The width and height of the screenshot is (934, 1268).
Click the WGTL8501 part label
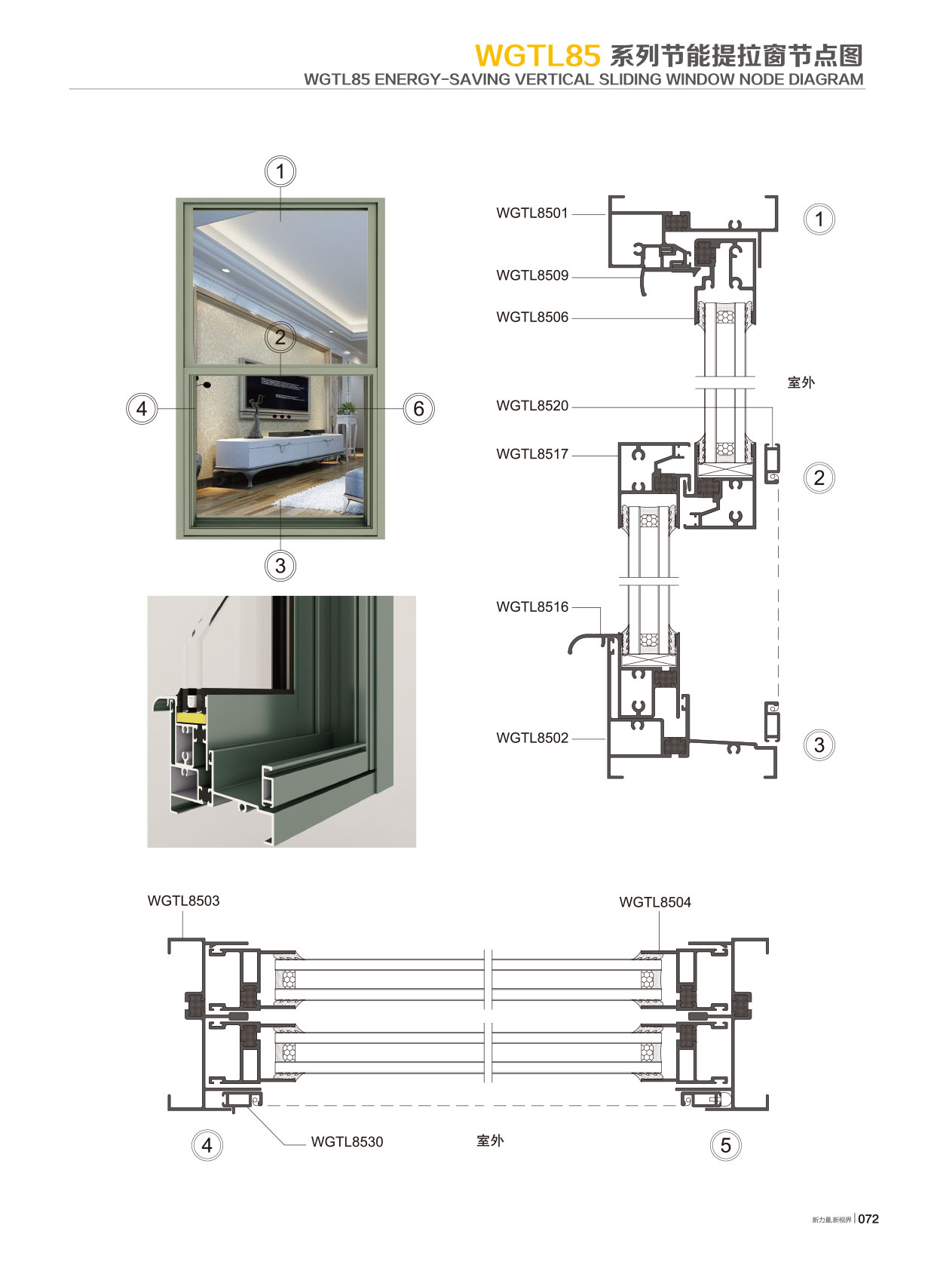(x=531, y=213)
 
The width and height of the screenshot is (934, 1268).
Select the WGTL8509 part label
(x=531, y=276)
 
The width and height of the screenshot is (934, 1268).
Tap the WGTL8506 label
(x=531, y=318)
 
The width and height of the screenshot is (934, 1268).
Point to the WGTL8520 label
(x=531, y=406)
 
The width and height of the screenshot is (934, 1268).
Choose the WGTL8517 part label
(x=531, y=454)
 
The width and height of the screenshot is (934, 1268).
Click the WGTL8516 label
(x=531, y=607)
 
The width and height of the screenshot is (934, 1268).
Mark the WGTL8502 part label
(x=531, y=738)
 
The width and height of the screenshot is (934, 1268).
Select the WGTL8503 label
(x=183, y=901)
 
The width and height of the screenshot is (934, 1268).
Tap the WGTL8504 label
(x=654, y=903)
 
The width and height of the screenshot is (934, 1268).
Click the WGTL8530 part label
(x=347, y=1143)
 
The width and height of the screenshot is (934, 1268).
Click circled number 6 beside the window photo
(x=419, y=409)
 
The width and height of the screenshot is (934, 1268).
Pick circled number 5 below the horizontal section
(x=725, y=1146)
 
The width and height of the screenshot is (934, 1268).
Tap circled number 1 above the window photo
(x=280, y=172)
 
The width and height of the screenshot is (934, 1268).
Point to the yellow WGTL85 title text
(x=537, y=56)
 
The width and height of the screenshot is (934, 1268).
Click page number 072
(x=868, y=1219)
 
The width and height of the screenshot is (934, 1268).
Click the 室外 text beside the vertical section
(x=801, y=382)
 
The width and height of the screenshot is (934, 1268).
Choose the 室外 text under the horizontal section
(x=490, y=1141)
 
